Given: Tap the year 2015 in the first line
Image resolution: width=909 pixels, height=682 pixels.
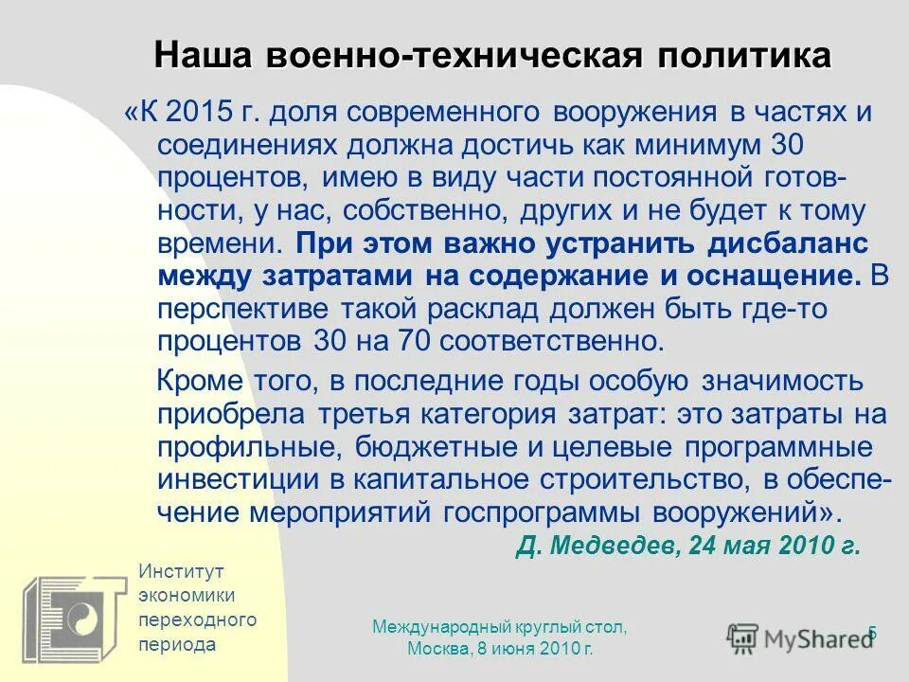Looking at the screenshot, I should (199, 113).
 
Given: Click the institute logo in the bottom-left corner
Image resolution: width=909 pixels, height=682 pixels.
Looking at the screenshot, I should (75, 616).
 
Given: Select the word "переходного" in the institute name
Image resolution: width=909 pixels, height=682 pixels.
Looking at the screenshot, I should (197, 620).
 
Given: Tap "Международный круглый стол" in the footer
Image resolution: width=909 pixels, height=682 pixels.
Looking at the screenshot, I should (500, 627).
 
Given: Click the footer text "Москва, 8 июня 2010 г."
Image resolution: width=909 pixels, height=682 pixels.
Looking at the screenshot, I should (500, 648).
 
